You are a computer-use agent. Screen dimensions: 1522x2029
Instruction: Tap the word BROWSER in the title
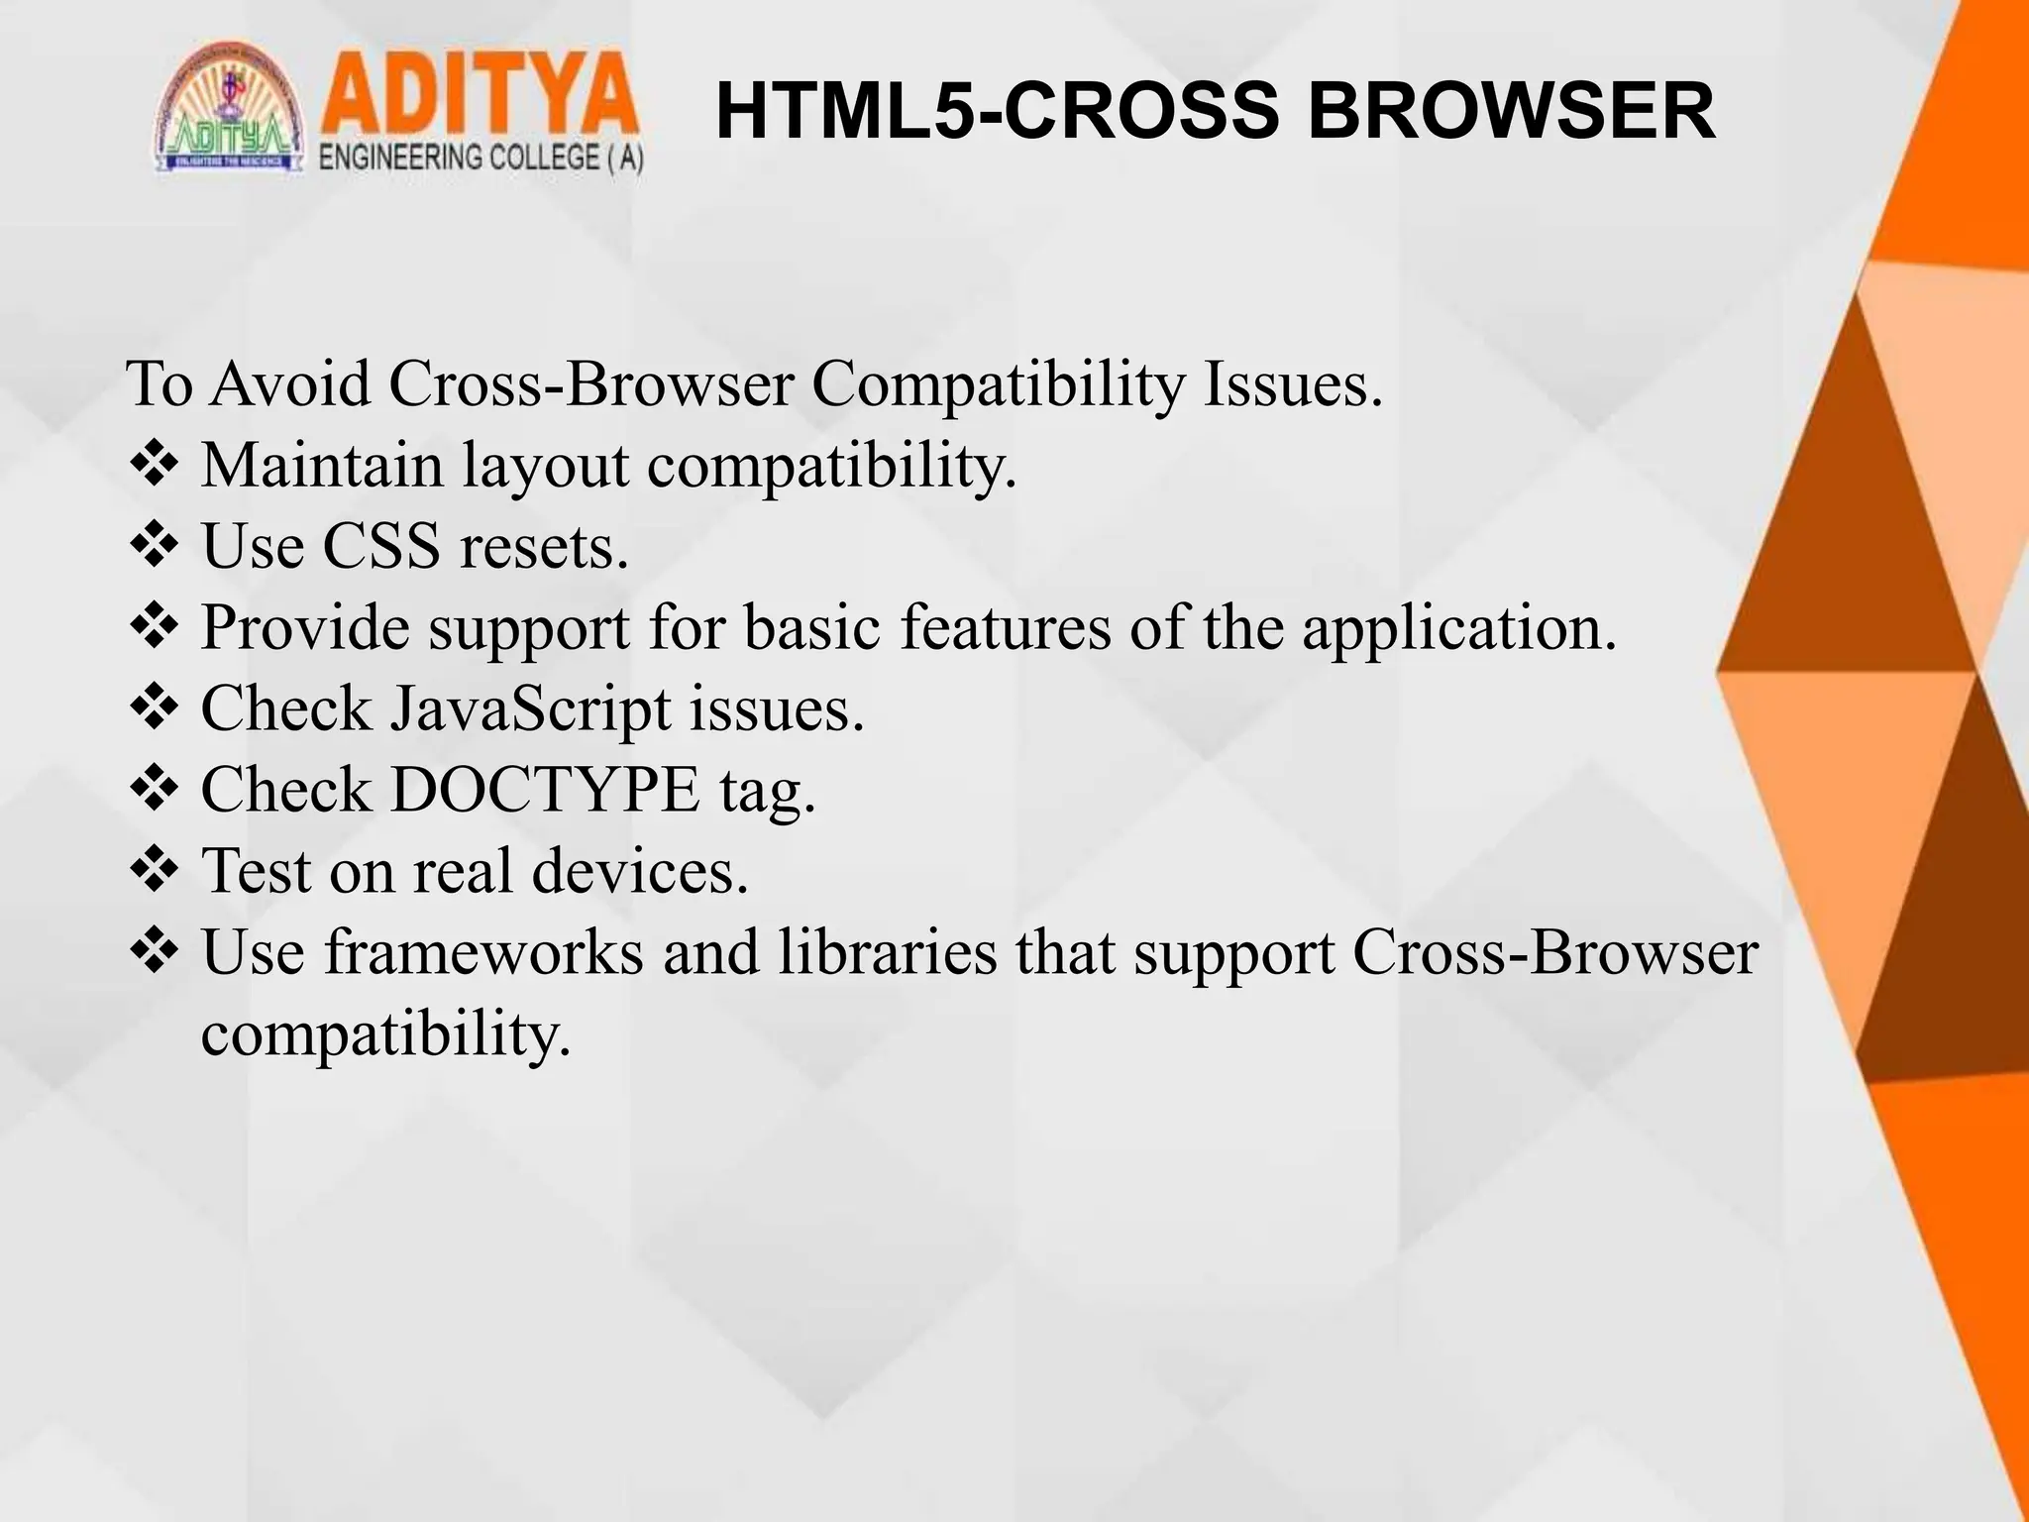tap(1511, 112)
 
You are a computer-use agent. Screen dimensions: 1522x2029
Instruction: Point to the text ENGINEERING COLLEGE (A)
tap(481, 159)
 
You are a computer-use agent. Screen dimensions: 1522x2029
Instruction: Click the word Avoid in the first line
tap(290, 383)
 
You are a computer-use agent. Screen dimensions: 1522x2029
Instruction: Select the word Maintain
tap(322, 465)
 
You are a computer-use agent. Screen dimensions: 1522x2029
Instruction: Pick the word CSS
tap(381, 546)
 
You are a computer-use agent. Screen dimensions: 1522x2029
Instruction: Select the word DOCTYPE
tap(545, 790)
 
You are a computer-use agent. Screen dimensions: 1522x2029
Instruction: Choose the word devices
tap(640, 871)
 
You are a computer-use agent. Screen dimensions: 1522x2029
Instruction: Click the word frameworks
tap(482, 952)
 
